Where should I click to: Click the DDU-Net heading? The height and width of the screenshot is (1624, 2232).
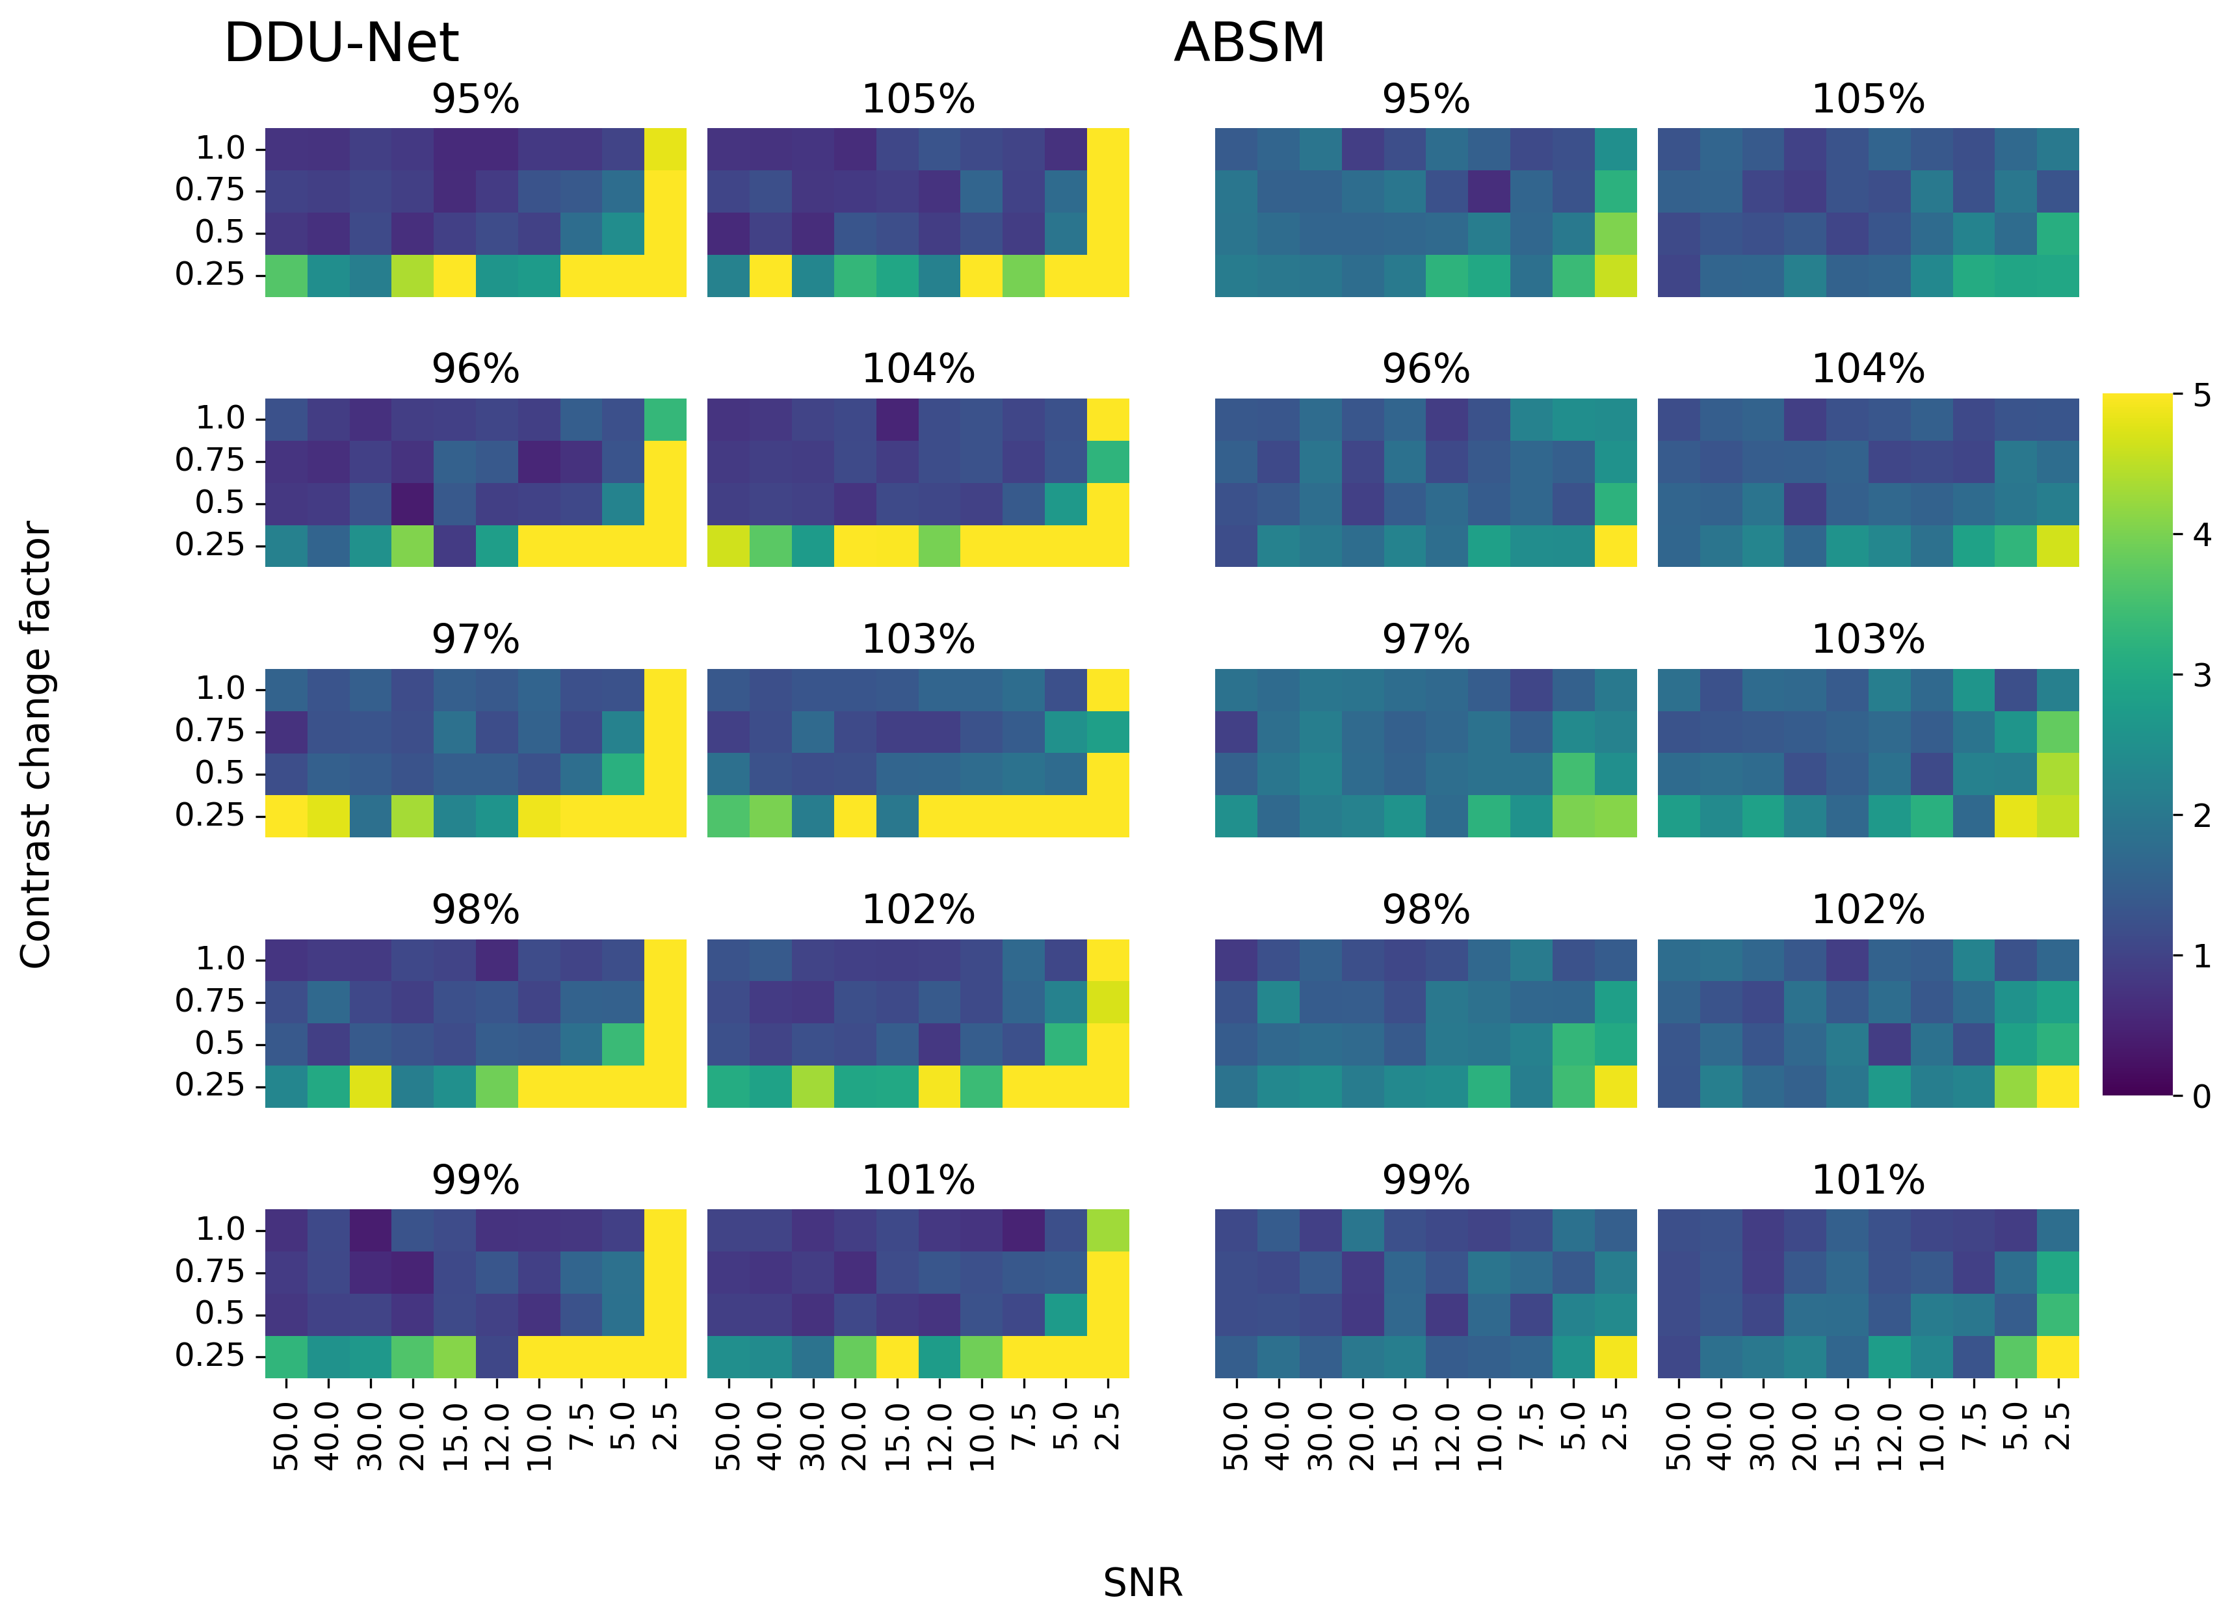tap(341, 44)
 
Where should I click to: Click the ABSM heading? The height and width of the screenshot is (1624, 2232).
tap(1249, 44)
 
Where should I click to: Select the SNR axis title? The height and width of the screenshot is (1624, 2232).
tap(1142, 1582)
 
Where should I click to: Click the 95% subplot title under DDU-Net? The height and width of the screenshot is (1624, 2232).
tap(475, 99)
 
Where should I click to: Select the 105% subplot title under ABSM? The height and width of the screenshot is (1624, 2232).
tap(1868, 99)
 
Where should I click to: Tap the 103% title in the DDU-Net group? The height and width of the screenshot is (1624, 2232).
tap(918, 640)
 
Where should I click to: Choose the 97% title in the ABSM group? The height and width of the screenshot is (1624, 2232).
tap(1426, 640)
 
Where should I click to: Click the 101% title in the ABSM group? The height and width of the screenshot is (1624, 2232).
tap(1868, 1180)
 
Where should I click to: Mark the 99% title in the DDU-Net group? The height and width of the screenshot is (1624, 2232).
tap(475, 1180)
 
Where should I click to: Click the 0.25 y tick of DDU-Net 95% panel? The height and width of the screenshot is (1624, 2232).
tap(209, 274)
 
